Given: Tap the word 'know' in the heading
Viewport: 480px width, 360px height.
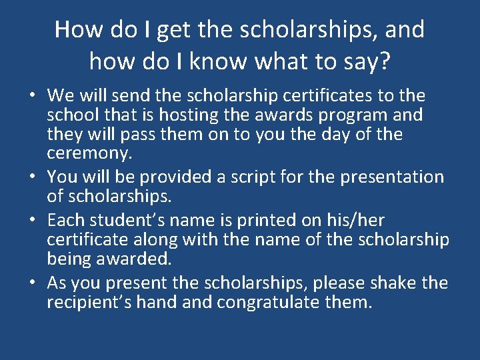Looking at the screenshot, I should coord(216,62).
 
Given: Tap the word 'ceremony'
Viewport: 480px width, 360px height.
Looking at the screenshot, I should coord(89,153).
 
